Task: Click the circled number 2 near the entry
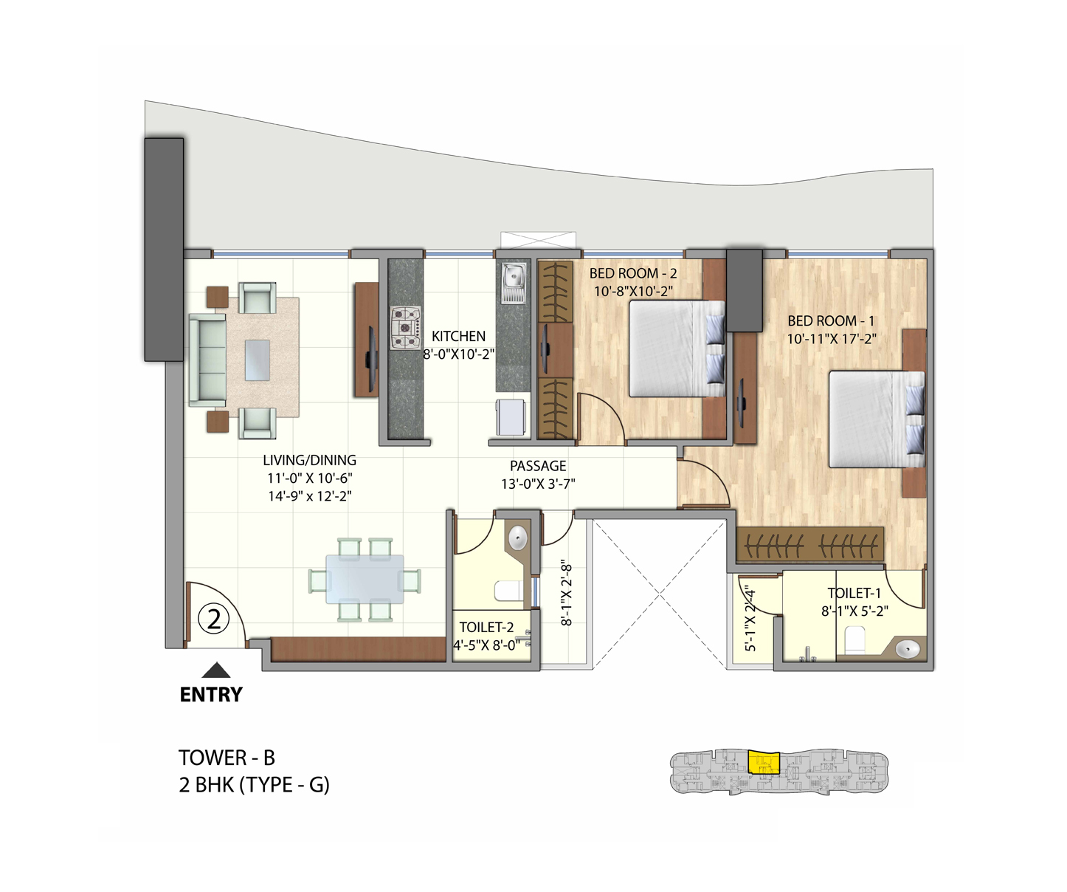(214, 619)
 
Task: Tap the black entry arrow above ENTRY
(216, 670)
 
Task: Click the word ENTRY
(211, 695)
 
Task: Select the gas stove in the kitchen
(405, 326)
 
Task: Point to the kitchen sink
(513, 279)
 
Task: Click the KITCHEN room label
(458, 336)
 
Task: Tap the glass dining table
(365, 579)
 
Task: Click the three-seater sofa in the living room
(207, 360)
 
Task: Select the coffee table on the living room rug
(257, 360)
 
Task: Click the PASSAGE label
(538, 466)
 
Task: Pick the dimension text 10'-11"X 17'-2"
(832, 340)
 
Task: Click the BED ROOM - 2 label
(633, 273)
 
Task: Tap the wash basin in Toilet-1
(907, 648)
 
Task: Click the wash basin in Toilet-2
(518, 537)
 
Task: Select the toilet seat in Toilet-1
(854, 639)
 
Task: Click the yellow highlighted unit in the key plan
(763, 762)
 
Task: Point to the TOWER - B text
(227, 758)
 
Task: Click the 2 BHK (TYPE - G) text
(254, 784)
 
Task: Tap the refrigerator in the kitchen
(511, 417)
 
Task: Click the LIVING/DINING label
(309, 460)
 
